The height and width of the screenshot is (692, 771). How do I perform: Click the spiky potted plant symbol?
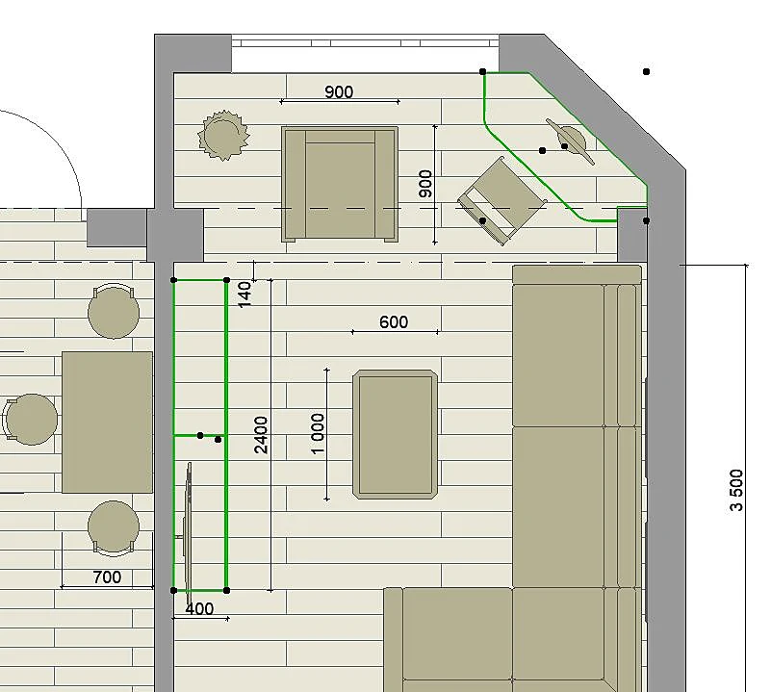click(x=223, y=136)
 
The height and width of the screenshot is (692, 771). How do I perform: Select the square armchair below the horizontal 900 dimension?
click(x=340, y=185)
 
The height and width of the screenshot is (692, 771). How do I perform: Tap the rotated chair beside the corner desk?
click(x=502, y=200)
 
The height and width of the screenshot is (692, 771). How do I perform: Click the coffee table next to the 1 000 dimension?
click(x=396, y=434)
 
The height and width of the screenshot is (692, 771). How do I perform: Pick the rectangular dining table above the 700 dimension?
click(x=107, y=422)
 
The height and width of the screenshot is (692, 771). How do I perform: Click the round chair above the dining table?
click(x=114, y=311)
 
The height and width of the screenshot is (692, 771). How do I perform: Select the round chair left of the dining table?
click(x=31, y=419)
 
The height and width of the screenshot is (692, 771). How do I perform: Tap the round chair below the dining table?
click(x=114, y=528)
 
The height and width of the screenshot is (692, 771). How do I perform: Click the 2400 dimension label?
click(x=261, y=435)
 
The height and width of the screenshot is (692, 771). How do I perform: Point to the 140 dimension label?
click(x=244, y=295)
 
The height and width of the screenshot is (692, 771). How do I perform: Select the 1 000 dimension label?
click(x=319, y=434)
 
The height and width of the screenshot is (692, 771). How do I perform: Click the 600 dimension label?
click(x=394, y=322)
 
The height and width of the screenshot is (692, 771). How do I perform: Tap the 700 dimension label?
click(x=107, y=577)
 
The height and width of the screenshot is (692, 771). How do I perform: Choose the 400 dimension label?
click(x=199, y=609)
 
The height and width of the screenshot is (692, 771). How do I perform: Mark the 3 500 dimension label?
click(x=736, y=490)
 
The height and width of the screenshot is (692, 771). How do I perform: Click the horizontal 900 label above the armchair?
click(x=339, y=92)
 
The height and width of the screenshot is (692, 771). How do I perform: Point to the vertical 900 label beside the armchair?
click(x=425, y=184)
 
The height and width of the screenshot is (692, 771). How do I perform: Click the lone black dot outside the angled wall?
click(x=647, y=72)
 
